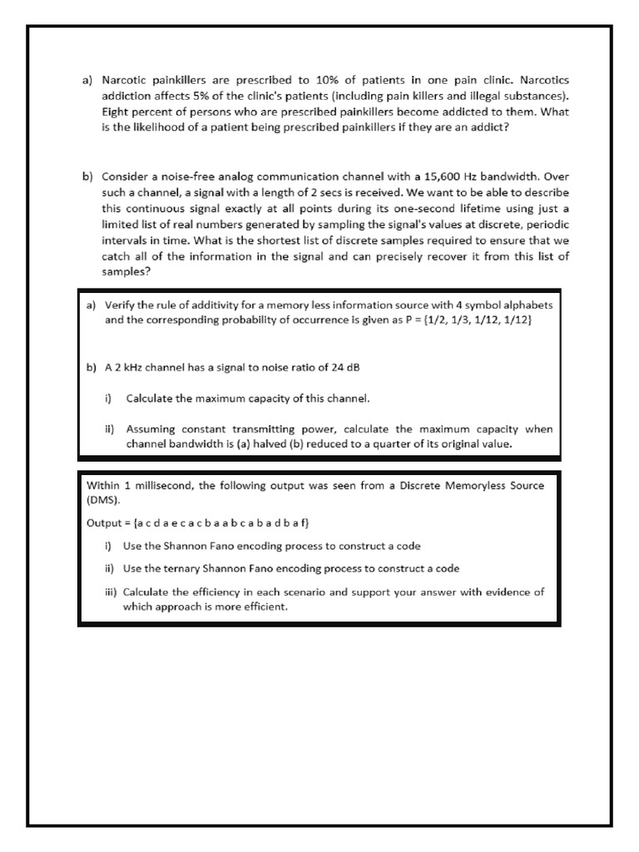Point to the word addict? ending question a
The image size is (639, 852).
486,128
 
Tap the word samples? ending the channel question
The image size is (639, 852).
126,272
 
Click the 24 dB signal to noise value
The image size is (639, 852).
347,368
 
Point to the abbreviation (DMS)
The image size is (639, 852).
103,501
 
